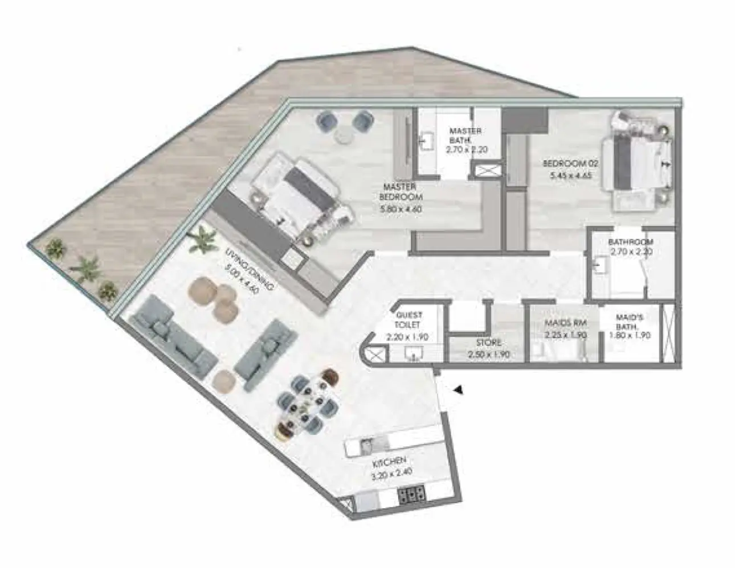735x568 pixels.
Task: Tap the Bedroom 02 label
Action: tap(567, 169)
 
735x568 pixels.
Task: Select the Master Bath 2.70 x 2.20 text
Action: tap(465, 141)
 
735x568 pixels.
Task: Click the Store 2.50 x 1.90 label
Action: tap(489, 348)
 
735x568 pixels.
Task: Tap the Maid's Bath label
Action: tap(630, 327)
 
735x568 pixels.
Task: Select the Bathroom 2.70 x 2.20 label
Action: tap(630, 246)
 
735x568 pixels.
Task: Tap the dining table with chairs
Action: tap(307, 404)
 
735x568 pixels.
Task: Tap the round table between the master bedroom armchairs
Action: tap(344, 134)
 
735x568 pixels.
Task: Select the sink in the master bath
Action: tap(427, 140)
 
